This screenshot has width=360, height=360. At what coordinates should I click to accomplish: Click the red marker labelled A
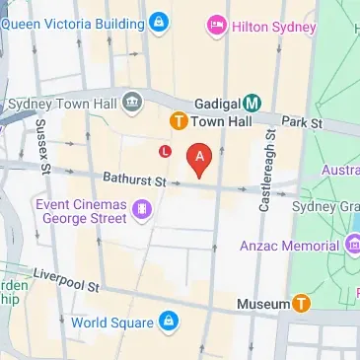(x=200, y=158)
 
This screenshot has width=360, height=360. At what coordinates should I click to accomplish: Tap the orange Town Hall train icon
(x=179, y=122)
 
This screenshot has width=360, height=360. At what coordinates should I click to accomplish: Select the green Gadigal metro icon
(x=252, y=102)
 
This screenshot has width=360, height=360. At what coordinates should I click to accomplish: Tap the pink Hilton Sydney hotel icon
(x=214, y=24)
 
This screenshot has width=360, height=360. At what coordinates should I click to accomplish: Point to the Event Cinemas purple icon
(x=144, y=208)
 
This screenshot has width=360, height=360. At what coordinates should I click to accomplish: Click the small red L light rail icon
(x=165, y=151)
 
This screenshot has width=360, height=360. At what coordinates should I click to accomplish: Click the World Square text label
(x=111, y=323)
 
